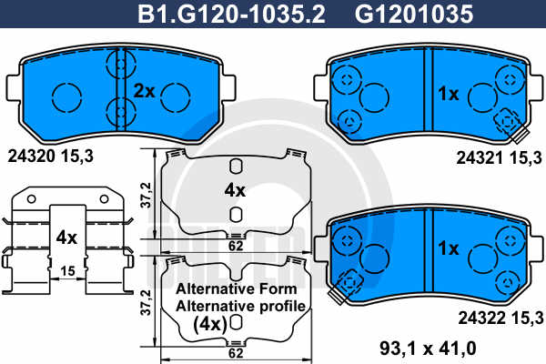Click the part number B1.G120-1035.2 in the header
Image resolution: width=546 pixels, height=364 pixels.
tap(231, 14)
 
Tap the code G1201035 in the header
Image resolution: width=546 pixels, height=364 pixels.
tap(414, 14)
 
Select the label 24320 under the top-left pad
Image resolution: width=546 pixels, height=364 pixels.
tap(32, 157)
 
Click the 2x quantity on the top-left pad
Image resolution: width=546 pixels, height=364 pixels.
tap(144, 91)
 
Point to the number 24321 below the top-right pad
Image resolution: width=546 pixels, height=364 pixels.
tap(480, 158)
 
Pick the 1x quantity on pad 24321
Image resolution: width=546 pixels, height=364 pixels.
tap(448, 94)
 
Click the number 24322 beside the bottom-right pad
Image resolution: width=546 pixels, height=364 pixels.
tap(481, 318)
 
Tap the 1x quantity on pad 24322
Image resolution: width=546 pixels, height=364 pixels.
tap(448, 248)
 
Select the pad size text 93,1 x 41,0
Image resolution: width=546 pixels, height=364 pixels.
tap(428, 348)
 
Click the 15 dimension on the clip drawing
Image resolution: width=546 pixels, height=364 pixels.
tap(67, 270)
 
